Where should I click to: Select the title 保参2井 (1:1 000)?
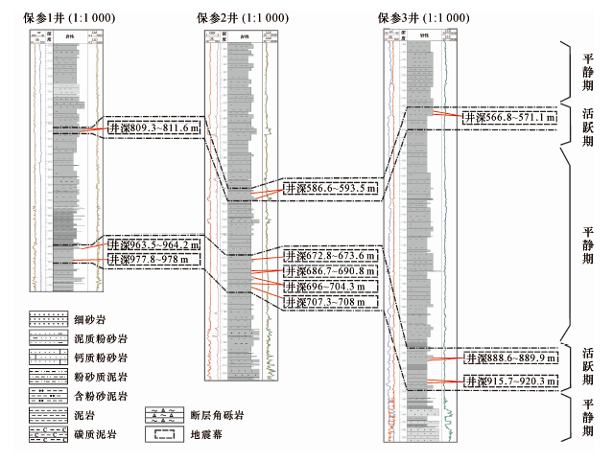[246, 18]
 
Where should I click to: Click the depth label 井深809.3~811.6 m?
[153, 126]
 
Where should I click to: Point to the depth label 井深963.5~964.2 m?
[153, 244]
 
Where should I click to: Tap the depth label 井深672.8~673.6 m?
[330, 256]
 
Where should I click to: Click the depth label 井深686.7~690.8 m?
[330, 271]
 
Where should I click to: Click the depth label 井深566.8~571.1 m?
[507, 117]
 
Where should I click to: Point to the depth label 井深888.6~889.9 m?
[508, 358]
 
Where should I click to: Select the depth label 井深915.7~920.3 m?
[508, 381]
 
